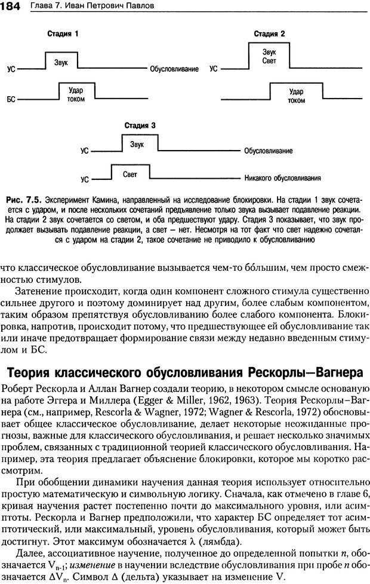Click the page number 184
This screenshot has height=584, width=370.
point(11,6)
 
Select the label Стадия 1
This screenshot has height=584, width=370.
point(63,34)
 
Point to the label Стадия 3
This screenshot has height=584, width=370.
point(140,126)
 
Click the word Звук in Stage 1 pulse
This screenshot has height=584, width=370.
point(61,62)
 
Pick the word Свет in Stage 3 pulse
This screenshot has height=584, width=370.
point(129,174)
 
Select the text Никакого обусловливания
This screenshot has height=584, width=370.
point(282,178)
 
